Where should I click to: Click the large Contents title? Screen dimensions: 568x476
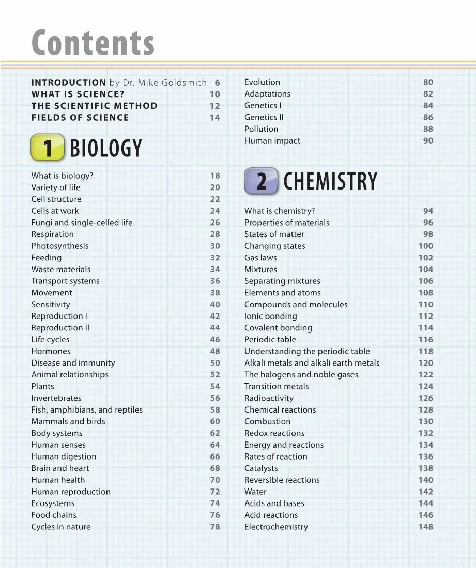click(x=93, y=43)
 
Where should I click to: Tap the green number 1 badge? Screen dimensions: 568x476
click(x=48, y=148)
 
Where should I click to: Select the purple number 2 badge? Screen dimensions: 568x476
click(x=262, y=181)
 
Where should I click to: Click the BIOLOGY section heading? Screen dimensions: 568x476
click(x=105, y=149)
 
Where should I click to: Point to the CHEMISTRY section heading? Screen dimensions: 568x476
click(x=330, y=182)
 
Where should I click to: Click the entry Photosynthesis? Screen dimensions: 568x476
click(x=60, y=246)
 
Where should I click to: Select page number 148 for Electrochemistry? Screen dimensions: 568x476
click(x=425, y=527)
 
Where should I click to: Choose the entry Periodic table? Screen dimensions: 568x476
click(x=270, y=339)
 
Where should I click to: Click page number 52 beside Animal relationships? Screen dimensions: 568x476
click(x=215, y=374)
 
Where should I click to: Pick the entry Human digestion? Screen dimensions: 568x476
click(x=64, y=456)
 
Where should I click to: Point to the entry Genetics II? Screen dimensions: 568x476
click(x=264, y=117)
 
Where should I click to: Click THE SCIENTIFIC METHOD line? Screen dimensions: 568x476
click(x=95, y=106)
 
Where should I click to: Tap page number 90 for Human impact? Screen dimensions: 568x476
click(x=428, y=140)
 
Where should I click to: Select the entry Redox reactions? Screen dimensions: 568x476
click(x=274, y=433)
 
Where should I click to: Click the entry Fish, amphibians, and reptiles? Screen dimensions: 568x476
click(x=87, y=409)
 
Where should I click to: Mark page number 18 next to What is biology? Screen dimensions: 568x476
click(x=215, y=176)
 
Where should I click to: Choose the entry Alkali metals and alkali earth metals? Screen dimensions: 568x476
click(x=312, y=363)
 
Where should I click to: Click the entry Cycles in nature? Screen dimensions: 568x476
click(x=61, y=527)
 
